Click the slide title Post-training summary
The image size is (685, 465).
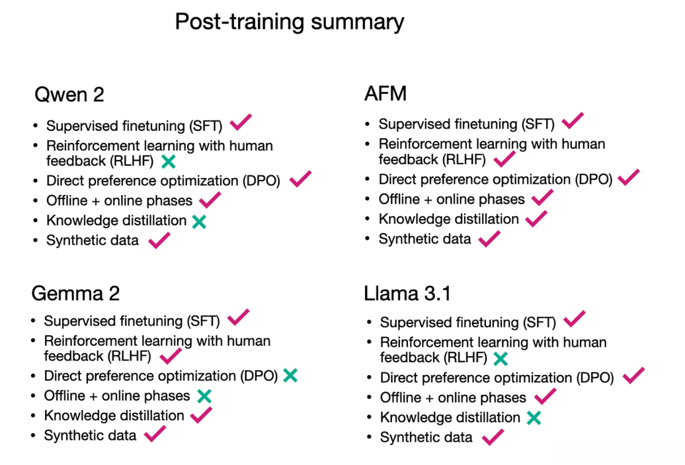click(x=290, y=22)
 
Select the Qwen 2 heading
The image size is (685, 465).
click(x=69, y=95)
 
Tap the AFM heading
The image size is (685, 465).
click(x=385, y=93)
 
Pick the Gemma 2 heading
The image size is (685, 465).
click(x=75, y=293)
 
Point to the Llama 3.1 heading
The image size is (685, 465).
click(x=407, y=293)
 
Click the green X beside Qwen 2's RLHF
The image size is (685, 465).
click(x=168, y=161)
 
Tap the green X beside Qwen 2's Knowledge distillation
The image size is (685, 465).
click(x=199, y=222)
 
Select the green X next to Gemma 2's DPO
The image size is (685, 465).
click(x=290, y=376)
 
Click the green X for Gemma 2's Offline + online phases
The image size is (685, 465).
click(x=204, y=396)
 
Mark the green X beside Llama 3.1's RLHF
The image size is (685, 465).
click(x=501, y=359)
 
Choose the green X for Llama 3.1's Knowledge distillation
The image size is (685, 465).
click(x=534, y=418)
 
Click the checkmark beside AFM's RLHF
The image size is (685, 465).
click(x=504, y=159)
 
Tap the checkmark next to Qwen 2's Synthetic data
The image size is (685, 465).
click(x=159, y=240)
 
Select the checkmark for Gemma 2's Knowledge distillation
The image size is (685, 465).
click(x=202, y=415)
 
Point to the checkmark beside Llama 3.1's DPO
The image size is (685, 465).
click(x=633, y=376)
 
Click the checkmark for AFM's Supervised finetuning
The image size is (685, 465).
click(x=573, y=120)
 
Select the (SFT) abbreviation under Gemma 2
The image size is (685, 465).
click(x=203, y=321)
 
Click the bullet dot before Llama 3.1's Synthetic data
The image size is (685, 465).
click(x=369, y=437)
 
